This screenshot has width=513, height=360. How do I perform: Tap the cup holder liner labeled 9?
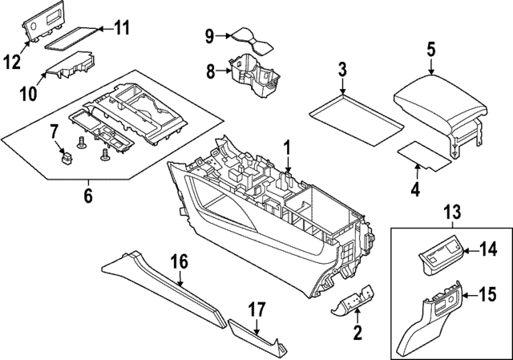[254, 40]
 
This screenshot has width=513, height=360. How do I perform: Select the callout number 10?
[27, 94]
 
